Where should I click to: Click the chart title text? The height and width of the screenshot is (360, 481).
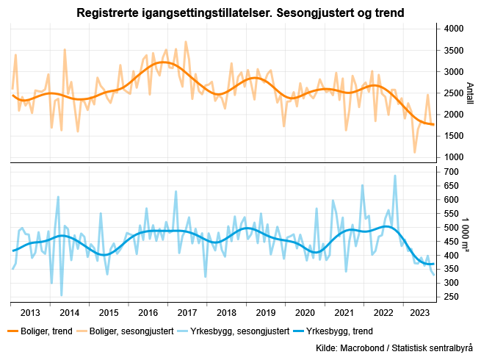point(240,13)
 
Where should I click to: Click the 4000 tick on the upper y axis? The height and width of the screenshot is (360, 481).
point(455,29)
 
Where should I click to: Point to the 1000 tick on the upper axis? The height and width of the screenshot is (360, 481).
point(455,157)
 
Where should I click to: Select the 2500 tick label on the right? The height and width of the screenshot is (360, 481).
point(455,93)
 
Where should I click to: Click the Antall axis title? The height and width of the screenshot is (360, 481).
point(471,93)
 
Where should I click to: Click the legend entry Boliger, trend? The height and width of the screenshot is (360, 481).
point(46,331)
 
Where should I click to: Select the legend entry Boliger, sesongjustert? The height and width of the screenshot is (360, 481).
point(136,331)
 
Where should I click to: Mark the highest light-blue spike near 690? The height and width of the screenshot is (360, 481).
point(395,176)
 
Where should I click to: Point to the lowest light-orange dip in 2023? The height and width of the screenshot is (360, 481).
point(415,152)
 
